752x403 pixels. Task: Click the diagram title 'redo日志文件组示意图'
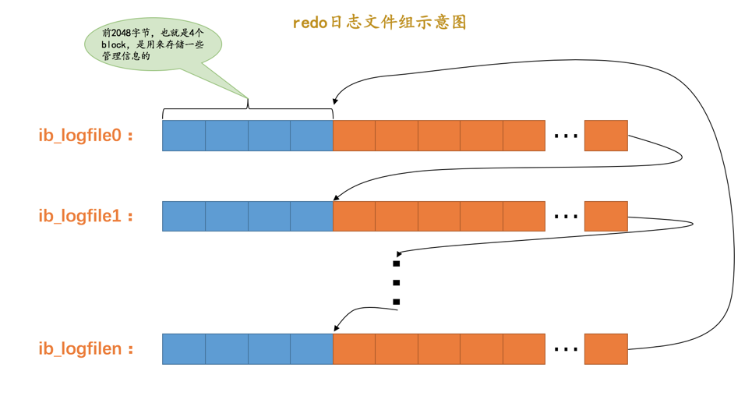click(x=380, y=23)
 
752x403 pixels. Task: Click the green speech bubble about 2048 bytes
click(x=153, y=44)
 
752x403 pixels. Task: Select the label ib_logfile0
click(x=86, y=135)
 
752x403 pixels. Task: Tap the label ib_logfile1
click(x=86, y=216)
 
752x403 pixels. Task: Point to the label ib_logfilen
click(x=86, y=348)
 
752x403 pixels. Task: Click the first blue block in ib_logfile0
click(x=184, y=136)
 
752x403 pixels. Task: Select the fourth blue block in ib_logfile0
click(x=312, y=136)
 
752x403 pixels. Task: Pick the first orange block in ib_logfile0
click(x=355, y=136)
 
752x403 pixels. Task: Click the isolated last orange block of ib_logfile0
click(x=605, y=136)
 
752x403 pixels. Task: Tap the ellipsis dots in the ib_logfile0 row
click(x=565, y=136)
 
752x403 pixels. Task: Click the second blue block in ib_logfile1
click(x=227, y=216)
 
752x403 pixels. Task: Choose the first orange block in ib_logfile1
click(x=355, y=216)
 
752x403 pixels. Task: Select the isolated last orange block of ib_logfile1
click(x=605, y=216)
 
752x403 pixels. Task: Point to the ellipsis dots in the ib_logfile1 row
click(x=565, y=217)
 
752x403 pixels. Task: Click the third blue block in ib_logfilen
click(x=269, y=348)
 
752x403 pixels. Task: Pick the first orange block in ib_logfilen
click(x=355, y=348)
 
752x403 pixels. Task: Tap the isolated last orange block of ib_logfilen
click(x=605, y=348)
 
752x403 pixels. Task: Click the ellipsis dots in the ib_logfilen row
click(x=565, y=349)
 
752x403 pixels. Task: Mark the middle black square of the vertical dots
click(x=397, y=283)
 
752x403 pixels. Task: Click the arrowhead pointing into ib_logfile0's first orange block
click(x=335, y=101)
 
